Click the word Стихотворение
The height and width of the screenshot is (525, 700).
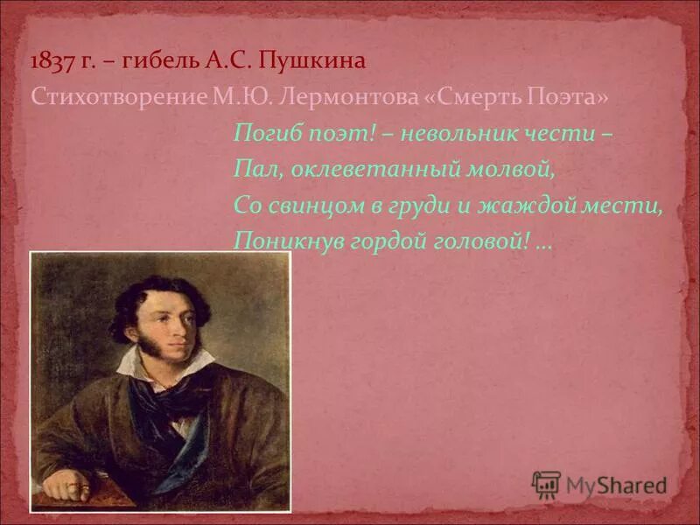(117, 96)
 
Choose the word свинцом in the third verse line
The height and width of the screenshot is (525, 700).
(310, 205)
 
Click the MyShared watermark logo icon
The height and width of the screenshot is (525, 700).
(546, 484)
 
